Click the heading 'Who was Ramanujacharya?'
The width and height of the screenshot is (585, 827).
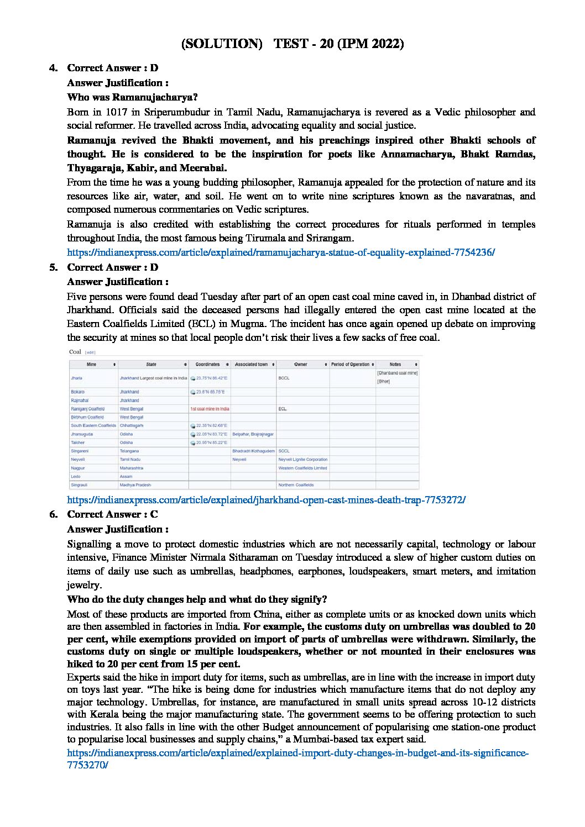pos(132,97)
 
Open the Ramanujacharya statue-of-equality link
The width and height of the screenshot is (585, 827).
pos(280,252)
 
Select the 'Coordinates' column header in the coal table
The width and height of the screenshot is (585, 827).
pos(208,365)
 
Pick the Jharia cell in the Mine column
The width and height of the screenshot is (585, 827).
pos(76,378)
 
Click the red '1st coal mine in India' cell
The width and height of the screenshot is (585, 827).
pos(210,409)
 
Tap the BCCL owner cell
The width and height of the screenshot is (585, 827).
pos(284,378)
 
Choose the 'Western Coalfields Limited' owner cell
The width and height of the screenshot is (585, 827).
pos(302,468)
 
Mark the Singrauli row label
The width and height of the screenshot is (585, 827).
pos(79,484)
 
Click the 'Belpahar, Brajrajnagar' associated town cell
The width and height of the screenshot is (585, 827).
pos(253,434)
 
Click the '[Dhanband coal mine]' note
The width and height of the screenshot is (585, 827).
pos(397,373)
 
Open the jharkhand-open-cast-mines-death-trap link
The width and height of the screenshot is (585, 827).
pos(266,500)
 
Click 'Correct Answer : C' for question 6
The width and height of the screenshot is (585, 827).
pos(112,514)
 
